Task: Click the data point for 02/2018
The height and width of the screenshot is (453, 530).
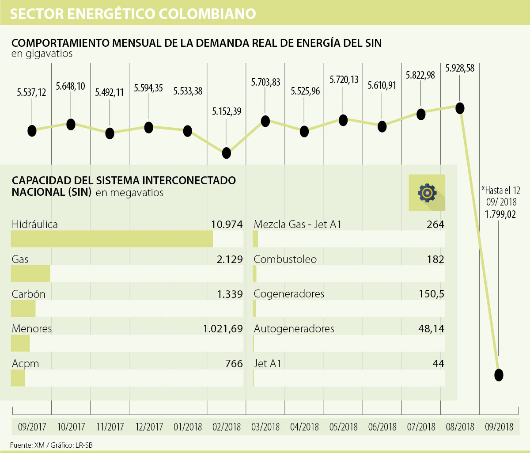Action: (227, 153)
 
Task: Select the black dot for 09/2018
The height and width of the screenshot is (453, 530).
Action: (499, 375)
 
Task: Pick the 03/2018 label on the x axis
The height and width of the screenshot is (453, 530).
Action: (265, 427)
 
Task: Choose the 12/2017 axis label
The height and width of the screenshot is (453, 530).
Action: (149, 427)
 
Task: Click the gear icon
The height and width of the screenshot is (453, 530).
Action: (427, 192)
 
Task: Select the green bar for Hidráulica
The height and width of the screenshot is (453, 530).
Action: (112, 239)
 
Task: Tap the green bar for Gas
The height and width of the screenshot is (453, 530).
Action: (30, 274)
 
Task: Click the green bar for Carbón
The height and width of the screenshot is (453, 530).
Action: (23, 308)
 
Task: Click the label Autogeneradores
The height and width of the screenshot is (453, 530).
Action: (294, 329)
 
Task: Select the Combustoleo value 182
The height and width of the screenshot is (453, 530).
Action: (435, 259)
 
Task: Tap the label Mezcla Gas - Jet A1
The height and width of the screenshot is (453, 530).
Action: (298, 225)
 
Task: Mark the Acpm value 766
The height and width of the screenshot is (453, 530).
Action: (234, 364)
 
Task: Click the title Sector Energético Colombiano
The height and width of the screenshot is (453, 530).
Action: (133, 14)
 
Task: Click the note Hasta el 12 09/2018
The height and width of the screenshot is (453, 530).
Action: (501, 195)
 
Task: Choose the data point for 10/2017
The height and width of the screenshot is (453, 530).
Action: (71, 124)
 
